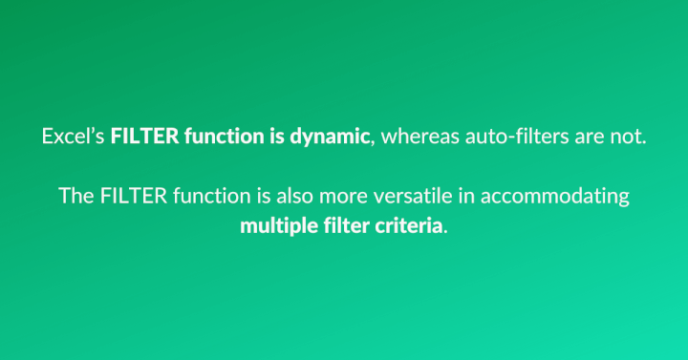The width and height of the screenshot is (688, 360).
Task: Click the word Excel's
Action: tap(74, 137)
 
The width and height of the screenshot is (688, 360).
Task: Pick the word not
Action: tap(630, 137)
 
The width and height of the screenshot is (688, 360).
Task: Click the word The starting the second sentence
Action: tap(75, 197)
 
